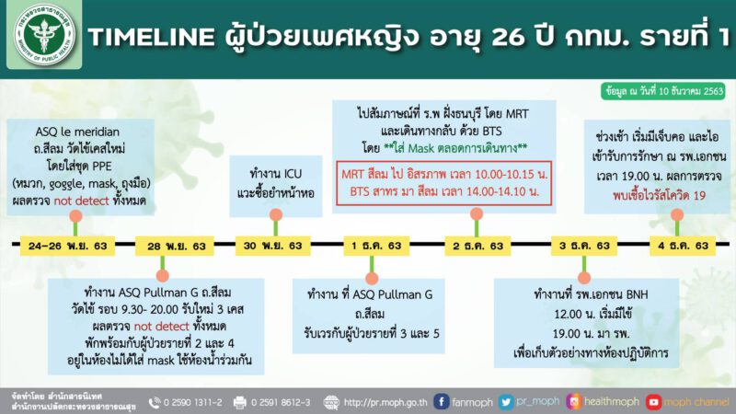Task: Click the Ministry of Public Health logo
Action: [44, 35]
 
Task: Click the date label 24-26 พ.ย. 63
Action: [67, 246]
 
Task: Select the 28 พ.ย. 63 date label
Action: [175, 246]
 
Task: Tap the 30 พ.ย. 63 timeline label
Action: [272, 246]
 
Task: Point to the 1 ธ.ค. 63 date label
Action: [376, 246]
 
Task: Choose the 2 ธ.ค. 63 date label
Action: [477, 246]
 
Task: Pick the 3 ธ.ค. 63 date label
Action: [584, 246]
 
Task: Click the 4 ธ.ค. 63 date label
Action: [683, 246]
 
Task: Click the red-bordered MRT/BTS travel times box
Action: [443, 183]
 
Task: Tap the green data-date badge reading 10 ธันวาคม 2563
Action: [663, 91]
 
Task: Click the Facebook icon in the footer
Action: [441, 402]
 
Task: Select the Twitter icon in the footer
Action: [505, 402]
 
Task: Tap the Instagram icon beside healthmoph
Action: [573, 402]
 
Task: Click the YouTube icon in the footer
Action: [653, 402]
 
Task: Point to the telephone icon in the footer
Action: [155, 403]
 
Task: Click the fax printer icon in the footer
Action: [240, 403]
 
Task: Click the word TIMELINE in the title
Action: [152, 37]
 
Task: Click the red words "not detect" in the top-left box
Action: [81, 201]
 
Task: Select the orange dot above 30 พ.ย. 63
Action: [276, 214]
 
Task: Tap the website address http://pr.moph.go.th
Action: [385, 403]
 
